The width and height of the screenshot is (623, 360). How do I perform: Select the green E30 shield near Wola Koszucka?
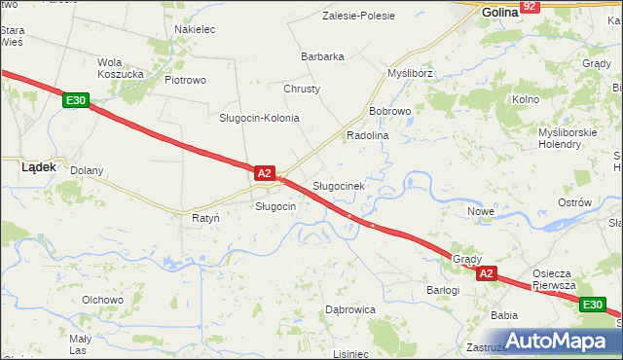pos(76,99)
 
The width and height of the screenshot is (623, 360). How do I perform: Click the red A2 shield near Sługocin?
pos(264,173)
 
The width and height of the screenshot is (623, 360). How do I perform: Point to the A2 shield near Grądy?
pos(488,274)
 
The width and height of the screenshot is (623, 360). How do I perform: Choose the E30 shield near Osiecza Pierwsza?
pos(592,306)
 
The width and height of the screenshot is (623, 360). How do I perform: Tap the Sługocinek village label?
pos(338,185)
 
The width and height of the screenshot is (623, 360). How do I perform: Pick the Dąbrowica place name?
pos(349,309)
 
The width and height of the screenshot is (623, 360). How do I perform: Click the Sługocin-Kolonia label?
pos(258,118)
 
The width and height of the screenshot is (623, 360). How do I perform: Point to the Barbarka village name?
pos(322,56)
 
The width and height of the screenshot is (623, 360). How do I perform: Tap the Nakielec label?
pos(195,29)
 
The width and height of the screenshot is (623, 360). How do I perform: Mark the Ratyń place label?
pos(205,218)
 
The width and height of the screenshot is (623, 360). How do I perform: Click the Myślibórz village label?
pos(410,73)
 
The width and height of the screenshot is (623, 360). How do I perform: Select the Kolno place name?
pos(526,99)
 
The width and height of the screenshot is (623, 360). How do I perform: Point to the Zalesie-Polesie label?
pos(360,16)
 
